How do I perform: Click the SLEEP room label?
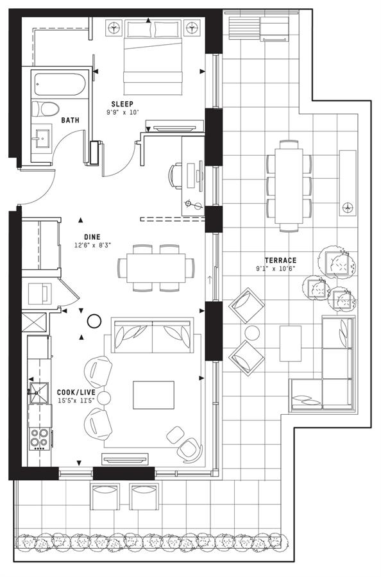coord(123,104)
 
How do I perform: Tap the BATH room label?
coord(70,121)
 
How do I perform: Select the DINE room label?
coord(92,237)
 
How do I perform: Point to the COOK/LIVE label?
coord(76,392)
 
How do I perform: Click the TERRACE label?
coord(280,260)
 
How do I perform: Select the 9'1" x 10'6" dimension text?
coord(276,269)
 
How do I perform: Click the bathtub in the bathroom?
coord(60,84)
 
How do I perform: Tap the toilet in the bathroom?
coord(46,109)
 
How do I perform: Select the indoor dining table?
coord(156,268)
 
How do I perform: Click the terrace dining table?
coord(289,186)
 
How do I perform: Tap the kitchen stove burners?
coord(39,439)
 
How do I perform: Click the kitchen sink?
coord(38,393)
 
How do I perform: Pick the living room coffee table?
coord(153,395)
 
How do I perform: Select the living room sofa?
coord(153,335)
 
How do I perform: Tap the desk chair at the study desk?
coord(176,176)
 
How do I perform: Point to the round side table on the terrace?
coord(253,333)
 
